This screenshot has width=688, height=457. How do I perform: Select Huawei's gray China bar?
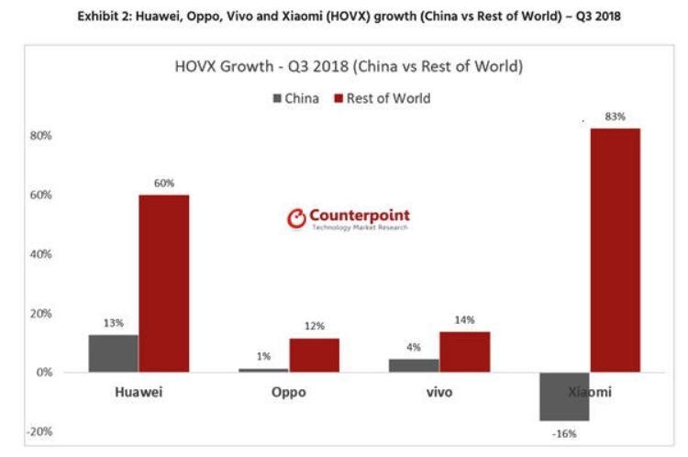click(x=114, y=353)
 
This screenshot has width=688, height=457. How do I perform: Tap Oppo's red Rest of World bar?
click(x=314, y=355)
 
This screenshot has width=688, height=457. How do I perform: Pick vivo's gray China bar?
click(x=414, y=365)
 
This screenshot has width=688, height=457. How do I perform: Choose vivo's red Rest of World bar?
click(x=464, y=351)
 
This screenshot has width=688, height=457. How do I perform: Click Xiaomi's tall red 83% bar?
click(x=615, y=250)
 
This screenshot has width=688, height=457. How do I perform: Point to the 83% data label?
click(x=615, y=117)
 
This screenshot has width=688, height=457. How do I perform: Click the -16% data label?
click(x=564, y=433)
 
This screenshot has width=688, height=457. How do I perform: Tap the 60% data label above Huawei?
click(x=163, y=184)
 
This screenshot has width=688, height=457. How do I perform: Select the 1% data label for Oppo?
click(x=264, y=356)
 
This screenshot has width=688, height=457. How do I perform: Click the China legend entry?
click(x=295, y=98)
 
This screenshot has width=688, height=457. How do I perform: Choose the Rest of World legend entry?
click(x=383, y=98)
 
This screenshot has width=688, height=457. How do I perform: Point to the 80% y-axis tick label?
click(x=39, y=136)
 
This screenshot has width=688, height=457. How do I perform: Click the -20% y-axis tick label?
click(x=39, y=431)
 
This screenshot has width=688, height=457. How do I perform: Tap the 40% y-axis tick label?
click(x=39, y=254)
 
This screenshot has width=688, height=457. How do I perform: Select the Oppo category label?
click(x=289, y=393)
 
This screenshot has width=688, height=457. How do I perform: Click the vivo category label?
click(x=439, y=393)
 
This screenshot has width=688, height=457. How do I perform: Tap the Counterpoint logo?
click(x=348, y=218)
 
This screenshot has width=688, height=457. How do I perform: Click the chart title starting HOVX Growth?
click(x=349, y=67)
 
